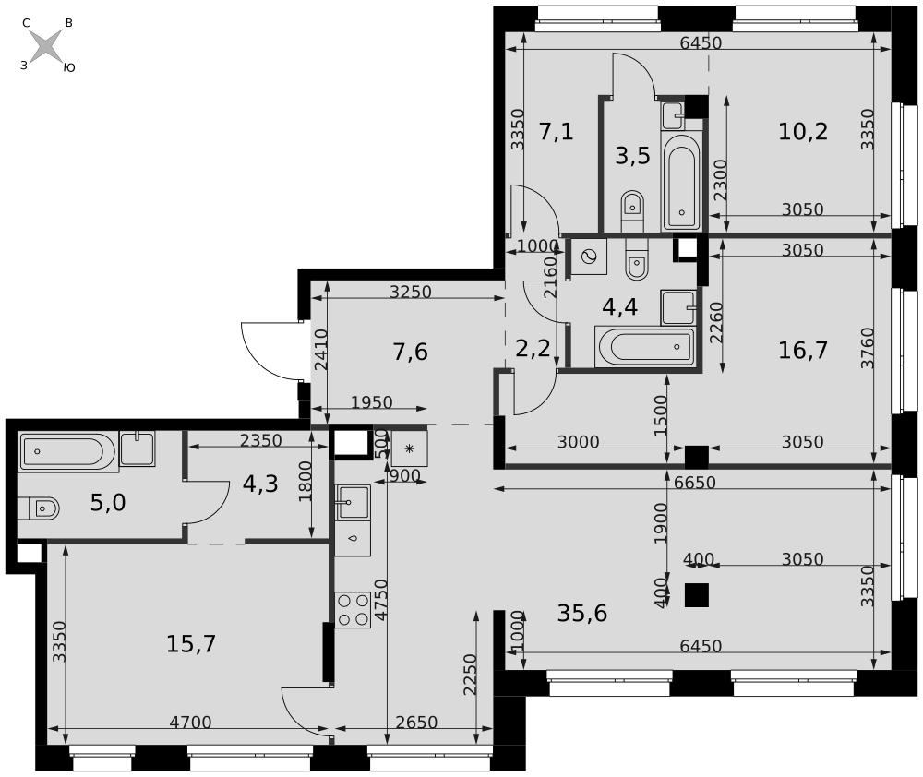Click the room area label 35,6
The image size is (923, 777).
582,614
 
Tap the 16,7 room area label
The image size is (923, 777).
803,351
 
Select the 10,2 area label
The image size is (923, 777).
803,131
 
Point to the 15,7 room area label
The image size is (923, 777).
191,644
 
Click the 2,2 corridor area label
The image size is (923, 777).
533,349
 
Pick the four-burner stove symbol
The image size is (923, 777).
353,610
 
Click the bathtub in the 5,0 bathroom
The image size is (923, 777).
69,451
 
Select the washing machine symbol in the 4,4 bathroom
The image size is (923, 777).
589,257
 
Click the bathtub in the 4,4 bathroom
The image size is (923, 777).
645,347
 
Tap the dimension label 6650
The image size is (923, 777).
695,483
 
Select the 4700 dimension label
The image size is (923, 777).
190,722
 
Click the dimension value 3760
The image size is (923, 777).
867,348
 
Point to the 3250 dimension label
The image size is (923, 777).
411,292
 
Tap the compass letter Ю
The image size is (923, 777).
69,67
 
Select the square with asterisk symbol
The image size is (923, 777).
409,449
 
